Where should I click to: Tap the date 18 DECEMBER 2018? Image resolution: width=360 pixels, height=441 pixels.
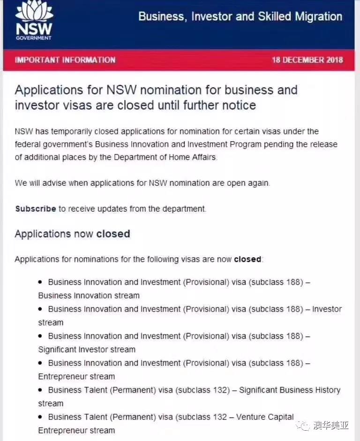307,60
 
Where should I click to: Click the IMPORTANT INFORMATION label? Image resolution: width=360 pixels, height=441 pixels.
65,60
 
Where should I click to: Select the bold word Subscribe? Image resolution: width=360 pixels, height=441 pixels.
36,209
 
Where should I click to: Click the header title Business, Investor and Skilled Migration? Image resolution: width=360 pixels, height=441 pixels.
240,17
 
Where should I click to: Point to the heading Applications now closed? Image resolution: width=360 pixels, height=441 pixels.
72,234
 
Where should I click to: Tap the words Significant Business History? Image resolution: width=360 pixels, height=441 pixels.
290,390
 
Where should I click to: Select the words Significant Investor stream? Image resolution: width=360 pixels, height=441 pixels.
87,350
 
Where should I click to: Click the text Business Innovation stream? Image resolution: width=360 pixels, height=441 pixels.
89,296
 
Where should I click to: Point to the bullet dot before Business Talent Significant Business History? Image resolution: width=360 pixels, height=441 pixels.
40,390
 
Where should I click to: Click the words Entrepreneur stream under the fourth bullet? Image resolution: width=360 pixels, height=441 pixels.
76,376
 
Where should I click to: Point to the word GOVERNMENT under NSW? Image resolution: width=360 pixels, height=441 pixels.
33,38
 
